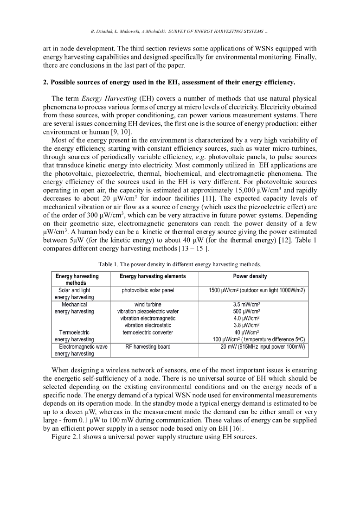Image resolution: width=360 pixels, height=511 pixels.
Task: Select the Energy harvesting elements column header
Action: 153,276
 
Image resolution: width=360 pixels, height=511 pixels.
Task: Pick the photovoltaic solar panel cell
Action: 148,290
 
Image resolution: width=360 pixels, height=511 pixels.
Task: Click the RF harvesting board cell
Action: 148,347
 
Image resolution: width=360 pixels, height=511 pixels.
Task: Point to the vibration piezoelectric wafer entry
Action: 148,312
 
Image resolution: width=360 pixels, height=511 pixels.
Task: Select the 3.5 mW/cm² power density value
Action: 246,305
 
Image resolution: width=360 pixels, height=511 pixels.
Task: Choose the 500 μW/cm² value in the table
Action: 246,312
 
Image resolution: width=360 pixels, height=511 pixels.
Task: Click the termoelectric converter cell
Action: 148,332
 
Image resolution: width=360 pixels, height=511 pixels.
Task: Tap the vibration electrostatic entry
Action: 148,326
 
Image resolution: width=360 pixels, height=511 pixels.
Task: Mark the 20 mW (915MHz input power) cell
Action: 263,347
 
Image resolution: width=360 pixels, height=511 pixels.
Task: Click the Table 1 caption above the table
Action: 180,264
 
